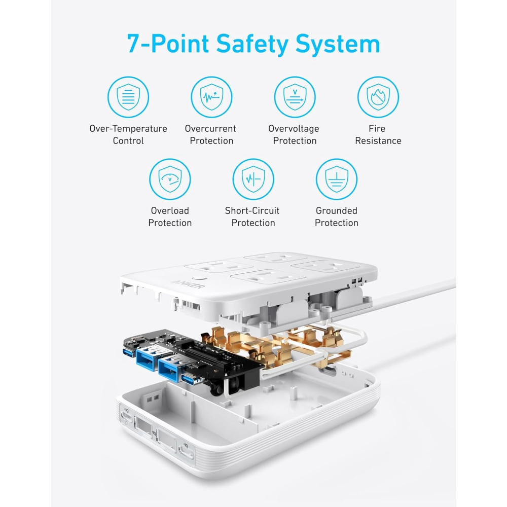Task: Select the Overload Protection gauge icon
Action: coord(170,179)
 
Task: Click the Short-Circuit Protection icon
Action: coord(253,179)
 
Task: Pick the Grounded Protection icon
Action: coord(336,179)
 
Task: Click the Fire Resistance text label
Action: coord(378,135)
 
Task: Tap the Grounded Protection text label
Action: coord(336,217)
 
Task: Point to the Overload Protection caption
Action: coord(170,217)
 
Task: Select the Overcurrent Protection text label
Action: coord(211,135)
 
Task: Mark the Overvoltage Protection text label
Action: coord(294,135)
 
